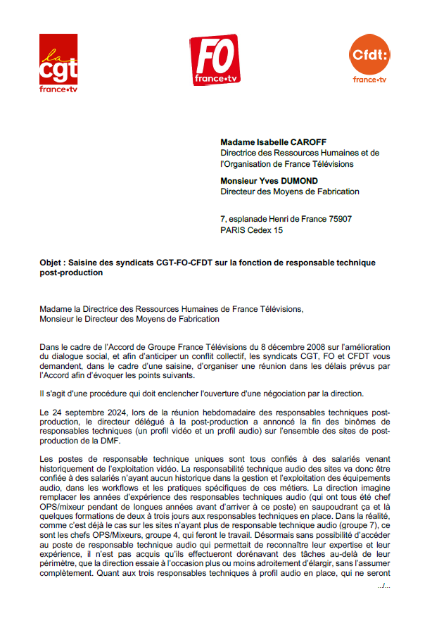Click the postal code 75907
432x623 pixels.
click(x=338, y=220)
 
